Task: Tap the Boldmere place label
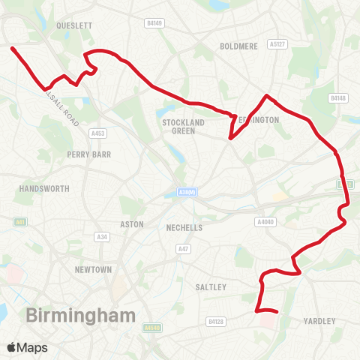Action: coord(238,46)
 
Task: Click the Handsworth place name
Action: coord(44,188)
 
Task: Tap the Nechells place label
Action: coord(184,226)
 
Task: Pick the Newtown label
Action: coord(93,269)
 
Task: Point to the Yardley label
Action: coord(321,321)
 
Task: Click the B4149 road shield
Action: coord(154,23)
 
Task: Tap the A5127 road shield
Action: coord(279,44)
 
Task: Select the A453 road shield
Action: coord(97,133)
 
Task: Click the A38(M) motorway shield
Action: coord(186,193)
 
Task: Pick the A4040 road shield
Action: coord(265,222)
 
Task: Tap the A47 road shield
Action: coord(182,248)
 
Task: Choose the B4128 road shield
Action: coord(215,322)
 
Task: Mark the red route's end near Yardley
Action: coord(277,311)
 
